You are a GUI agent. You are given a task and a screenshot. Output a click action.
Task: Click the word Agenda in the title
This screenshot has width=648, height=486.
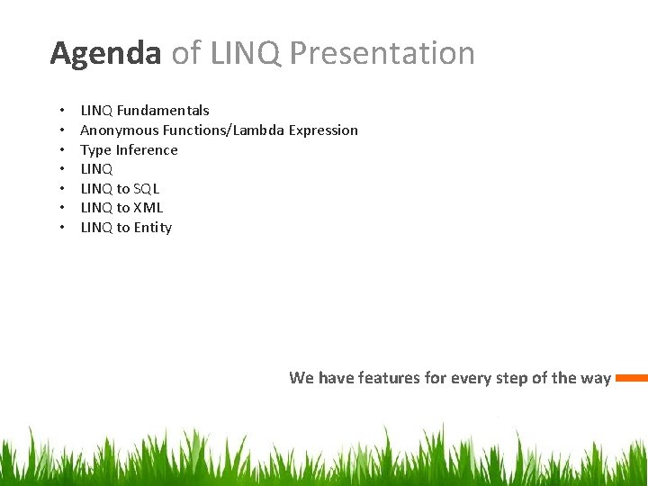click(x=105, y=54)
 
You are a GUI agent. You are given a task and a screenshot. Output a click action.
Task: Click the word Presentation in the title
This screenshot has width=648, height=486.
click(x=382, y=54)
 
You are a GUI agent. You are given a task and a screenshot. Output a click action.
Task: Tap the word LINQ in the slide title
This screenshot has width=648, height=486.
click(x=245, y=54)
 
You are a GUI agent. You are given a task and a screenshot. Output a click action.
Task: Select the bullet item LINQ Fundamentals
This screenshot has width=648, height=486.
click(x=145, y=111)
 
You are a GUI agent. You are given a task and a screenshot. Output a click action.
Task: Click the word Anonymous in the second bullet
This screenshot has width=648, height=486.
click(x=120, y=130)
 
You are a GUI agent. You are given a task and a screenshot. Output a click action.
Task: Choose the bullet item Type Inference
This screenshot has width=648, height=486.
click(x=129, y=150)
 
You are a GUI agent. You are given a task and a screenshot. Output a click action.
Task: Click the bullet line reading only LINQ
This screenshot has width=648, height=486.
click(x=96, y=169)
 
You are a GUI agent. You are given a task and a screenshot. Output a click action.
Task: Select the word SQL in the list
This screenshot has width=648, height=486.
click(x=147, y=189)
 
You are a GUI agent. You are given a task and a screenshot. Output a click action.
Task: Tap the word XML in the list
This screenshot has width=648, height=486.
click(x=148, y=208)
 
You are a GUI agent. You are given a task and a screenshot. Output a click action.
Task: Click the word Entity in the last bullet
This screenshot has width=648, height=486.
click(x=153, y=228)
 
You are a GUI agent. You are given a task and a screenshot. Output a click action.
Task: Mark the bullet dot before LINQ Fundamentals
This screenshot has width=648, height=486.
click(x=60, y=111)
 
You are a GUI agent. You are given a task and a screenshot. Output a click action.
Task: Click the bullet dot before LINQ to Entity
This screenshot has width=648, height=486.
click(x=60, y=228)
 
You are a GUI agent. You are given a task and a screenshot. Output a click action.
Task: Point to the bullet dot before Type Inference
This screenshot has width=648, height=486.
click(x=60, y=150)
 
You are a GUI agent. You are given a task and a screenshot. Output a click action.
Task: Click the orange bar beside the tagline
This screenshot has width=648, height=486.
click(x=632, y=378)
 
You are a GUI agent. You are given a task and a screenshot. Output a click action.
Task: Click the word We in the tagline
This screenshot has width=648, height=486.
click(x=301, y=378)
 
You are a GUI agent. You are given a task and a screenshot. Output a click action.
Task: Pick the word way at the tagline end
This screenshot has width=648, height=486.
click(x=596, y=378)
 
